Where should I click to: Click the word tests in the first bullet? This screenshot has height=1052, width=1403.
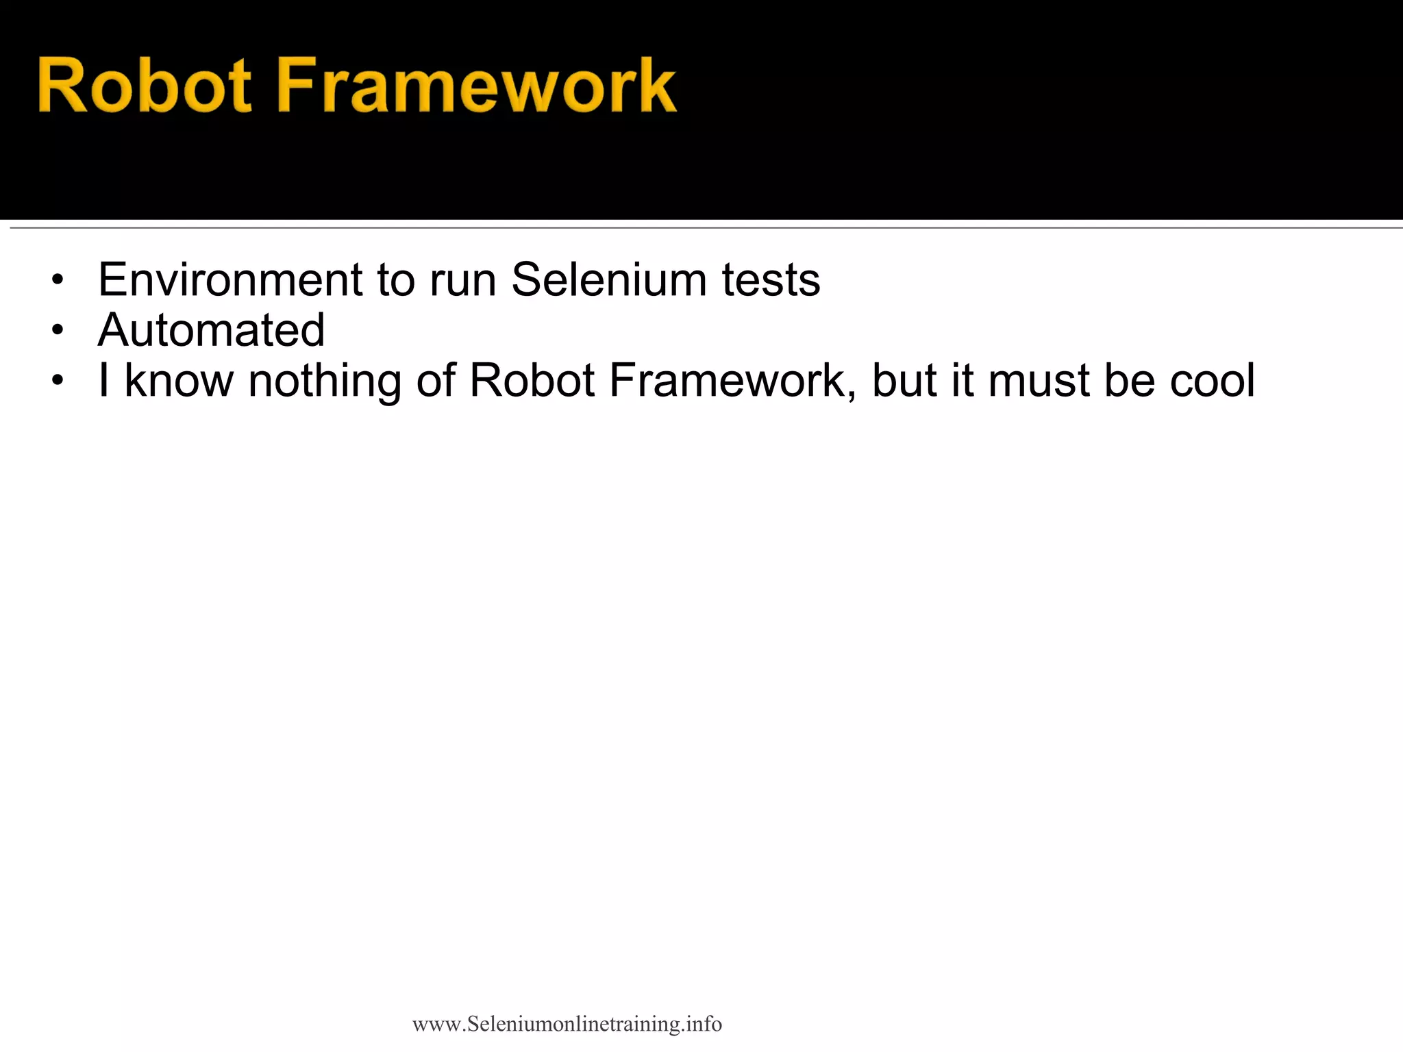771,281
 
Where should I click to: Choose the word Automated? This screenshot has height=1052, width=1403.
211,330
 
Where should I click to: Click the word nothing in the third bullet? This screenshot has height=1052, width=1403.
325,381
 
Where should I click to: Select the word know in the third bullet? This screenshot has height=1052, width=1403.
179,380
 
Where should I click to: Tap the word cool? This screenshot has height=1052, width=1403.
1212,380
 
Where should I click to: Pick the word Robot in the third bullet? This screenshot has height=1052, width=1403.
532,380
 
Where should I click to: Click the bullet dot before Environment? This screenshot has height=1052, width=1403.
58,281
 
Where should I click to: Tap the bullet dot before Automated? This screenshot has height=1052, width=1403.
58,331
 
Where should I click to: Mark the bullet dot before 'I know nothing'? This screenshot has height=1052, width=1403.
58,381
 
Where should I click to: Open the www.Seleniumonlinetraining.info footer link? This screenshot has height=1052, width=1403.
567,1024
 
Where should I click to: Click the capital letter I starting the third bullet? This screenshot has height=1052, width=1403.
103,380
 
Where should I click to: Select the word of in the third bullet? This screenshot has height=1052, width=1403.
436,380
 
